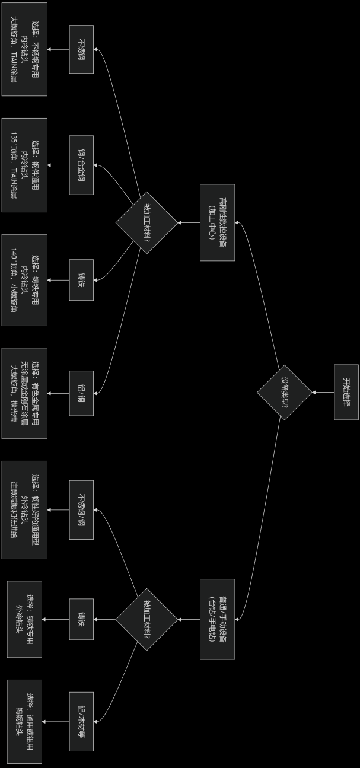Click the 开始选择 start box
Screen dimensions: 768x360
[x=346, y=392]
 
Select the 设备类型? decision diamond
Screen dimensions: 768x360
[x=284, y=392]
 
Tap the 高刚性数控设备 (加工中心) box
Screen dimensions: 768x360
[x=217, y=222]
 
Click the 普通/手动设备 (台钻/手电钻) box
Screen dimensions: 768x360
[x=217, y=619]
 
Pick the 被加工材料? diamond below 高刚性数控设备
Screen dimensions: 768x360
[x=146, y=222]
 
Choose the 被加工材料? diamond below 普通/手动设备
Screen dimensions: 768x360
[x=146, y=619]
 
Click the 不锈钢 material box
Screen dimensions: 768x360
[x=81, y=49]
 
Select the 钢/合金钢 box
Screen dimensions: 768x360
[x=81, y=165]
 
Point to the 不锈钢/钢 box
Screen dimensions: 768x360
[x=81, y=509]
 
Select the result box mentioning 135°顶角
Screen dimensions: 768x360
[x=24, y=165]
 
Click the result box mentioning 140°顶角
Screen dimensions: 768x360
[x=24, y=280]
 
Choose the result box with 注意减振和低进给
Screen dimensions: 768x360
[x=24, y=509]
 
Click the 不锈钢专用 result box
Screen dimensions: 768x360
[x=24, y=49]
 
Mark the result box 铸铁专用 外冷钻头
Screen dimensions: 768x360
[x=24, y=619]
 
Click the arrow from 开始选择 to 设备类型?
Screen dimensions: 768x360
[x=323, y=392]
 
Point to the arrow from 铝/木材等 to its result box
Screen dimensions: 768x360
[x=56, y=721]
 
